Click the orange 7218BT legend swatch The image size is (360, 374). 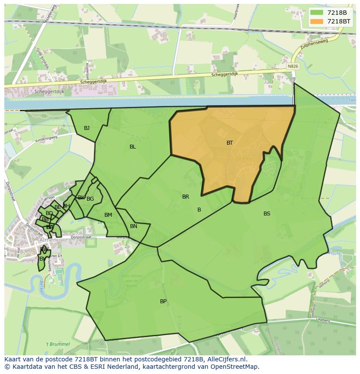coord(317,21)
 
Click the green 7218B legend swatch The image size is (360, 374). coord(317,12)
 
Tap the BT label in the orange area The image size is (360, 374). coord(230,143)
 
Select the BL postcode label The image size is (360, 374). coord(133,147)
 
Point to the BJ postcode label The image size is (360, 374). coord(87,128)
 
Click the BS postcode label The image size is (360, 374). coord(267,214)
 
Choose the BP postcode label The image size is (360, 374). coord(163,301)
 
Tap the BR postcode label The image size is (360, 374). coord(186,197)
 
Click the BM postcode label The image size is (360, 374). coord(108,215)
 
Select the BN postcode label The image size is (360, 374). coord(133,226)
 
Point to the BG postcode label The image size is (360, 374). coord(90,199)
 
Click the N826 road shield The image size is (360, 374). coord(293,66)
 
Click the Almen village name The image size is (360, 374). coord(48,240)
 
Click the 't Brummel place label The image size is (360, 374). coord(58,344)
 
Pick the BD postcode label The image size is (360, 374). coord(49,213)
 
